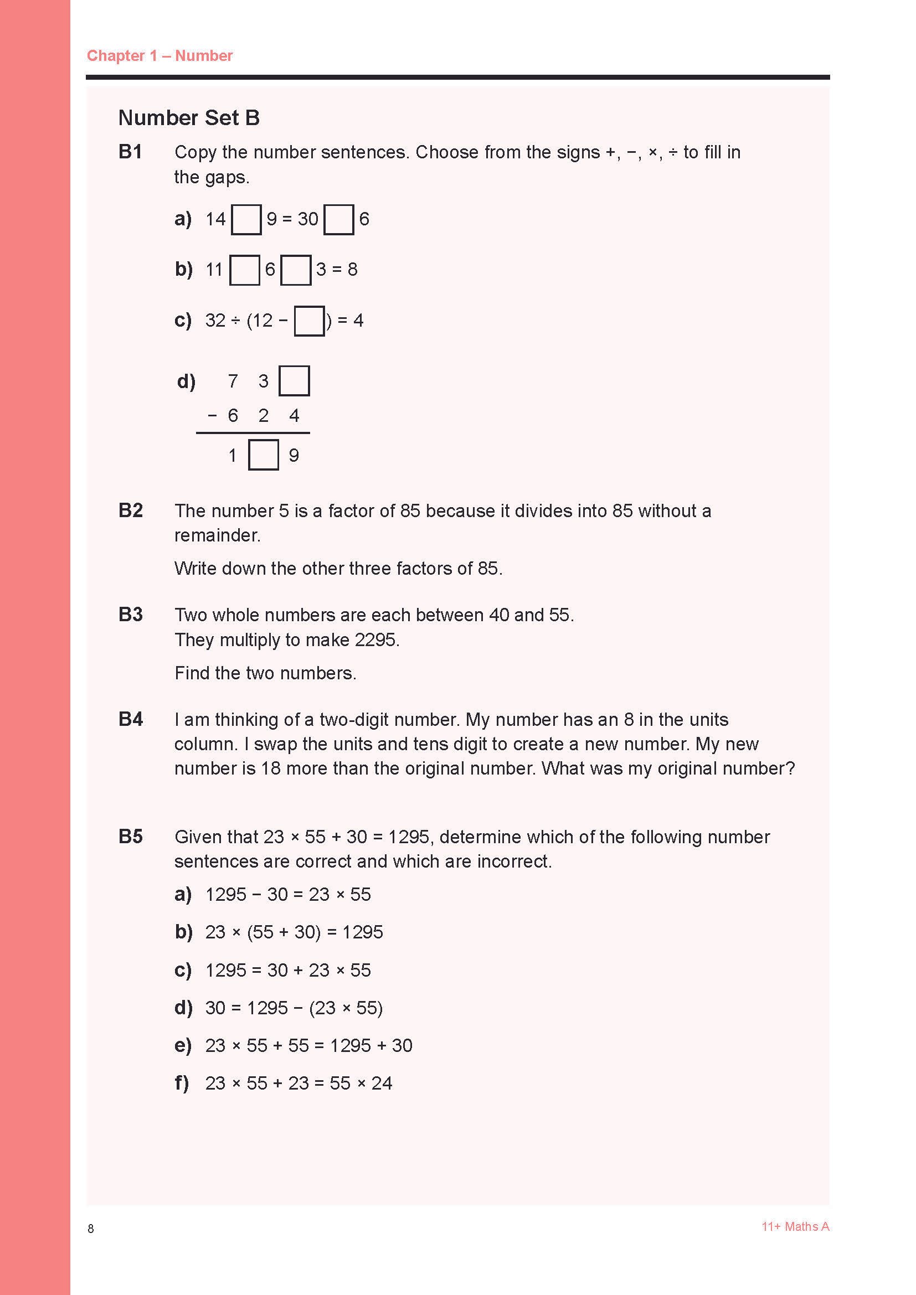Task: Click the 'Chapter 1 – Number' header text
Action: (159, 55)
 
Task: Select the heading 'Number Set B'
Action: (188, 117)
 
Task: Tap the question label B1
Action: (130, 152)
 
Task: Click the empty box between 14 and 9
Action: (246, 219)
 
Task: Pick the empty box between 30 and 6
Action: (339, 219)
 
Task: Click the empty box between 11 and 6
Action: (245, 270)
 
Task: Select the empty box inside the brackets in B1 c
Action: (309, 321)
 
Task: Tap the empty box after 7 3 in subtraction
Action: (295, 381)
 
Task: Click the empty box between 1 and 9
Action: (264, 455)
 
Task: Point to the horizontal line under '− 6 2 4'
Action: (253, 433)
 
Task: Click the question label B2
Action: (130, 510)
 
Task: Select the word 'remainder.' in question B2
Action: (217, 535)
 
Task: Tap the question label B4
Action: (130, 719)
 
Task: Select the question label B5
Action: (130, 837)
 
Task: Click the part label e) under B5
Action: (183, 1045)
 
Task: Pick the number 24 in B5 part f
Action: (381, 1083)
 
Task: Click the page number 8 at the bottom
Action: (91, 1229)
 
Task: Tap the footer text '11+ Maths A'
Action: (795, 1227)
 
